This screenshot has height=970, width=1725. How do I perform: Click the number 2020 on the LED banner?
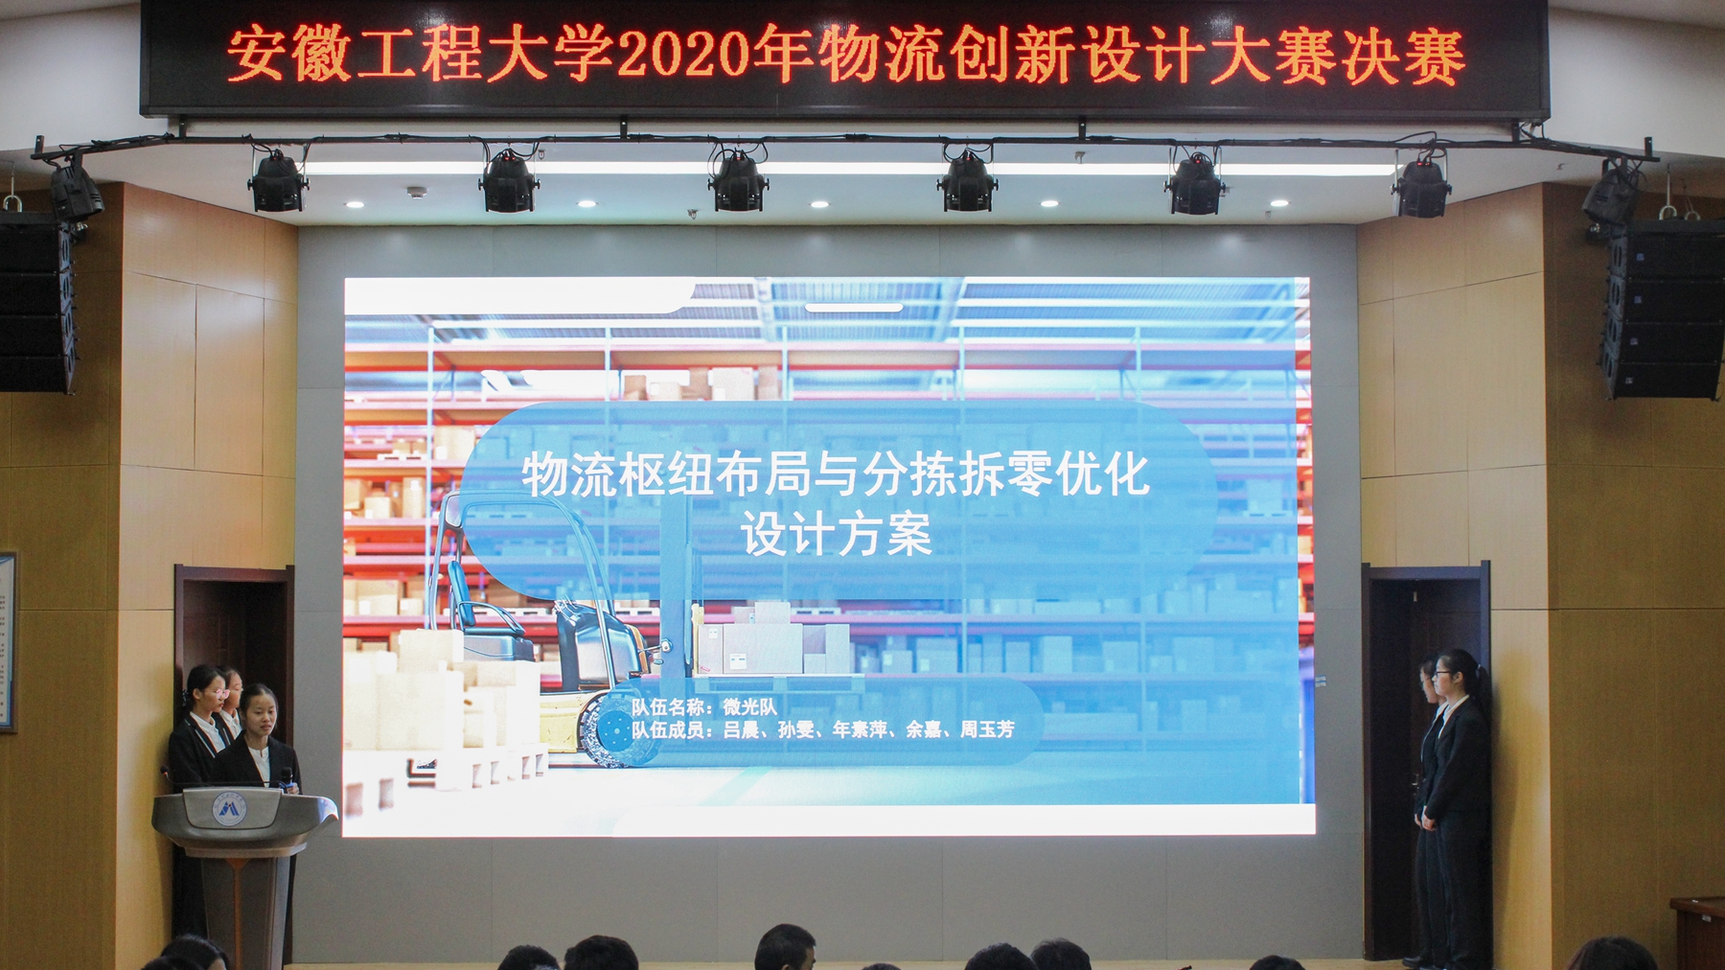(682, 56)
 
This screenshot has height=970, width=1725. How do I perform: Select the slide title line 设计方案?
(836, 534)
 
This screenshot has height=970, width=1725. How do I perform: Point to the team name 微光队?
(749, 707)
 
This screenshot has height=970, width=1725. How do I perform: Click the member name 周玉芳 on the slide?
(987, 729)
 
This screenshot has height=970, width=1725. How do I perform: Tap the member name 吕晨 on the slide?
(741, 729)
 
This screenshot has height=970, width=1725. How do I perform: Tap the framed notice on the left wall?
(7, 642)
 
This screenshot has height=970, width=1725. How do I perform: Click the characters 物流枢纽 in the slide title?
(617, 475)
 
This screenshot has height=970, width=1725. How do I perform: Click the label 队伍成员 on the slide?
(667, 729)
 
